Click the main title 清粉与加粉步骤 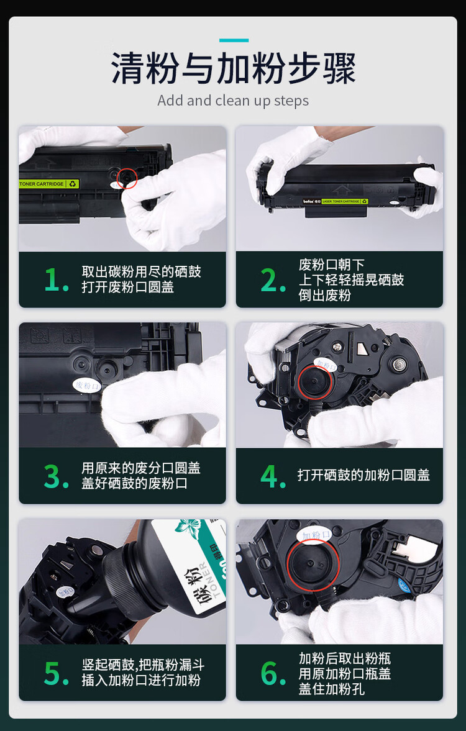(233, 68)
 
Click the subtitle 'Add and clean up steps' (233, 101)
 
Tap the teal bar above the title (234, 40)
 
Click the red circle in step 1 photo (127, 178)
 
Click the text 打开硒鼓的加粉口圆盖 (363, 476)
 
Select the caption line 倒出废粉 (324, 296)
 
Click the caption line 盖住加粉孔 (331, 689)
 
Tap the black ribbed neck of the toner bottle (127, 574)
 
